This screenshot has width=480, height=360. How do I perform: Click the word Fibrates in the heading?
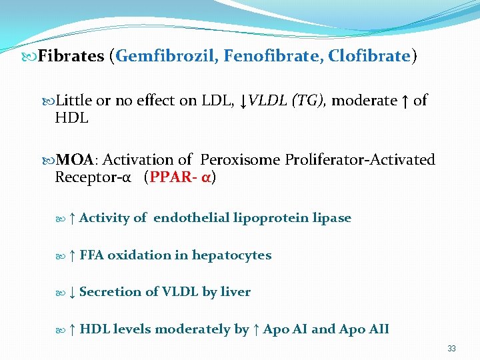(x=71, y=56)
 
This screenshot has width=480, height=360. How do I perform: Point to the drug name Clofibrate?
(x=370, y=56)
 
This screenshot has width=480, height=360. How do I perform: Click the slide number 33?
(x=451, y=349)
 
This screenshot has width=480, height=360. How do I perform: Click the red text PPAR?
(x=174, y=178)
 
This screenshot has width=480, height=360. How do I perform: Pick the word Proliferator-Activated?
(x=360, y=160)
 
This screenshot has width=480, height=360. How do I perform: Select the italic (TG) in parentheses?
(x=307, y=101)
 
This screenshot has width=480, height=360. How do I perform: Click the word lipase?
(x=331, y=218)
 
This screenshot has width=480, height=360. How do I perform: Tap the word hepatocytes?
(x=231, y=255)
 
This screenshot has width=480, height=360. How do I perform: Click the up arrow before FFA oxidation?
(x=72, y=255)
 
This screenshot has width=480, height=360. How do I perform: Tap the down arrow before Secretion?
(x=72, y=292)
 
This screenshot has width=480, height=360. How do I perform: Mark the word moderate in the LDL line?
(x=364, y=101)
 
